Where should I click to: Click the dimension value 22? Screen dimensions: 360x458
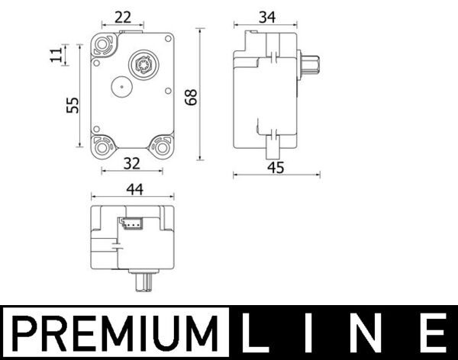pos(122,17)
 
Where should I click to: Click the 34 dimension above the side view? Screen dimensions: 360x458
pos(267,16)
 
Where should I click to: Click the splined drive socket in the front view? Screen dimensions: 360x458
pos(142,63)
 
